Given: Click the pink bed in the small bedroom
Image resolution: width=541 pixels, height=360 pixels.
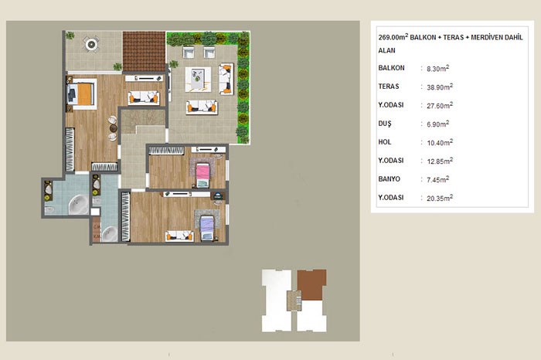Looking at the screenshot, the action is click(x=202, y=175).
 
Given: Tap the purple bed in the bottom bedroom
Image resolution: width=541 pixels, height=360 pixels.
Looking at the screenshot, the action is click(x=207, y=228).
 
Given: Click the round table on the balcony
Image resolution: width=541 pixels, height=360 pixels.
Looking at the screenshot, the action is click(x=91, y=44).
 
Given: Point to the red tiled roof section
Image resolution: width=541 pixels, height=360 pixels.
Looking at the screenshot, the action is click(x=144, y=52).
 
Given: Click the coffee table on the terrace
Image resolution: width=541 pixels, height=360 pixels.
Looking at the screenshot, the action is click(x=198, y=80).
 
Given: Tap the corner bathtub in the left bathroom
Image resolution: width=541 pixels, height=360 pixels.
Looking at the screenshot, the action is click(x=78, y=205).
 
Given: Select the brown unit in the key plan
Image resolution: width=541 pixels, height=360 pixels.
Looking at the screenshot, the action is click(x=311, y=285).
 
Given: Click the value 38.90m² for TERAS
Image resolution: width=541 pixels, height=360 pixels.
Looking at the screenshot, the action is click(x=440, y=87).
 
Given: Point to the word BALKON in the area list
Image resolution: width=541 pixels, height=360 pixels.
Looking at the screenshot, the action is click(x=391, y=68).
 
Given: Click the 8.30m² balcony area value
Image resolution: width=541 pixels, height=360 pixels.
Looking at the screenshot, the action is click(x=438, y=68).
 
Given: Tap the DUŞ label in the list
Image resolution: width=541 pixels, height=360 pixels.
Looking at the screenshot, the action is click(x=385, y=124).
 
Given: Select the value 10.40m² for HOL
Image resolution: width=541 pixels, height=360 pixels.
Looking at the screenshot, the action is click(x=440, y=142).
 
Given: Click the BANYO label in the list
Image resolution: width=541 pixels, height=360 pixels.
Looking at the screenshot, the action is click(x=390, y=179).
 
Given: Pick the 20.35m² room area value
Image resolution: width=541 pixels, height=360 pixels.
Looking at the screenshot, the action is click(x=440, y=198).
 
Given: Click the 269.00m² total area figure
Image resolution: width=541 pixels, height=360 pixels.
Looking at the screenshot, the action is click(x=393, y=37).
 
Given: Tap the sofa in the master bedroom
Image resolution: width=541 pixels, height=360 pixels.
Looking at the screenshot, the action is click(x=144, y=97).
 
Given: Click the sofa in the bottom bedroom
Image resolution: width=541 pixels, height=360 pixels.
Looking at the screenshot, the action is click(x=179, y=236).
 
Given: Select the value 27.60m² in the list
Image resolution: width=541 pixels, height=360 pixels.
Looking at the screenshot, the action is click(x=440, y=106).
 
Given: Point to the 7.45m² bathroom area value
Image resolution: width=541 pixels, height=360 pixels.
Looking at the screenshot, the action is click(x=438, y=179).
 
